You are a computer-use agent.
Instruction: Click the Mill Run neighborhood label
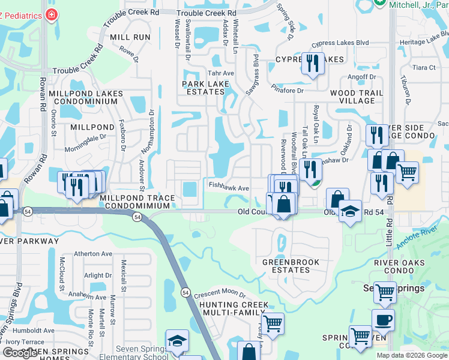tap(130, 37)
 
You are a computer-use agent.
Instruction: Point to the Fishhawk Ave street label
tap(229, 188)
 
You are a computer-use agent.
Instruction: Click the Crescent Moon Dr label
tap(220, 294)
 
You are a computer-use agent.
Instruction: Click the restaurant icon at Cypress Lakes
tap(312, 64)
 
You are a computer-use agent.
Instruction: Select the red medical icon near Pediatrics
tap(53, 14)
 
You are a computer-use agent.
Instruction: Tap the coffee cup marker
tap(383, 319)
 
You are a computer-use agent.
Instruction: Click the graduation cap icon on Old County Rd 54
tap(349, 211)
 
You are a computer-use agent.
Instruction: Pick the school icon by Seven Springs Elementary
tap(176, 341)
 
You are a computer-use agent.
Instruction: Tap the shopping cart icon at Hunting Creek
tap(273, 323)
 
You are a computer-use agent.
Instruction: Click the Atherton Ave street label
tap(93, 254)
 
